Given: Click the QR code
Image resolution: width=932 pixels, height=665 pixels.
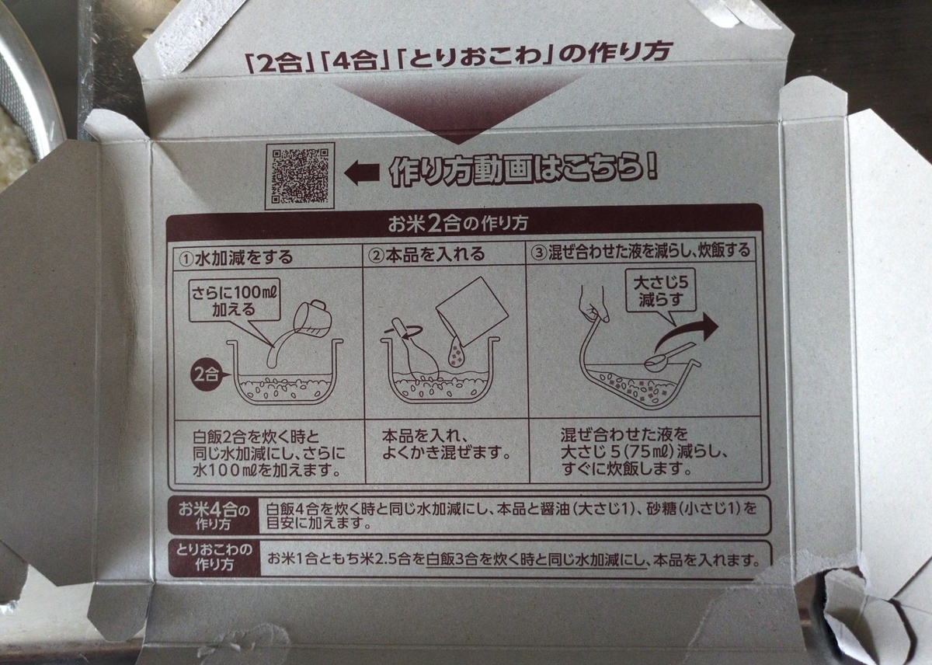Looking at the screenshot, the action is pyautogui.click(x=300, y=176).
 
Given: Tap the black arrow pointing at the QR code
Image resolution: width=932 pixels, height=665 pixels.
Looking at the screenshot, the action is pyautogui.click(x=362, y=173).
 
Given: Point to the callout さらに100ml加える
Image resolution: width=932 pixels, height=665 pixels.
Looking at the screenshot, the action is pyautogui.click(x=234, y=301).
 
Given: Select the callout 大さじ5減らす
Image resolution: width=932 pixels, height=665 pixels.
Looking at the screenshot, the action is pyautogui.click(x=661, y=291).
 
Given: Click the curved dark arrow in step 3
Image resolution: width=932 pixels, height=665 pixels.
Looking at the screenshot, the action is pyautogui.click(x=687, y=333).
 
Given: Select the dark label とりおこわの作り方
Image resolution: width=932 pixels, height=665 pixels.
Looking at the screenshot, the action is pyautogui.click(x=214, y=558).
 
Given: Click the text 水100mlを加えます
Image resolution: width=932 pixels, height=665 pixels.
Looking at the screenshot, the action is pyautogui.click(x=266, y=470).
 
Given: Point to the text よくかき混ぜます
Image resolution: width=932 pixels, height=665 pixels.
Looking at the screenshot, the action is pyautogui.click(x=446, y=453).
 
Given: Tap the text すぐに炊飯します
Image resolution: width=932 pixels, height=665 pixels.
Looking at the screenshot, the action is pyautogui.click(x=626, y=469).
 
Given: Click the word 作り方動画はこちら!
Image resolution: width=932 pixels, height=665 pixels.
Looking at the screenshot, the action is pyautogui.click(x=523, y=171).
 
